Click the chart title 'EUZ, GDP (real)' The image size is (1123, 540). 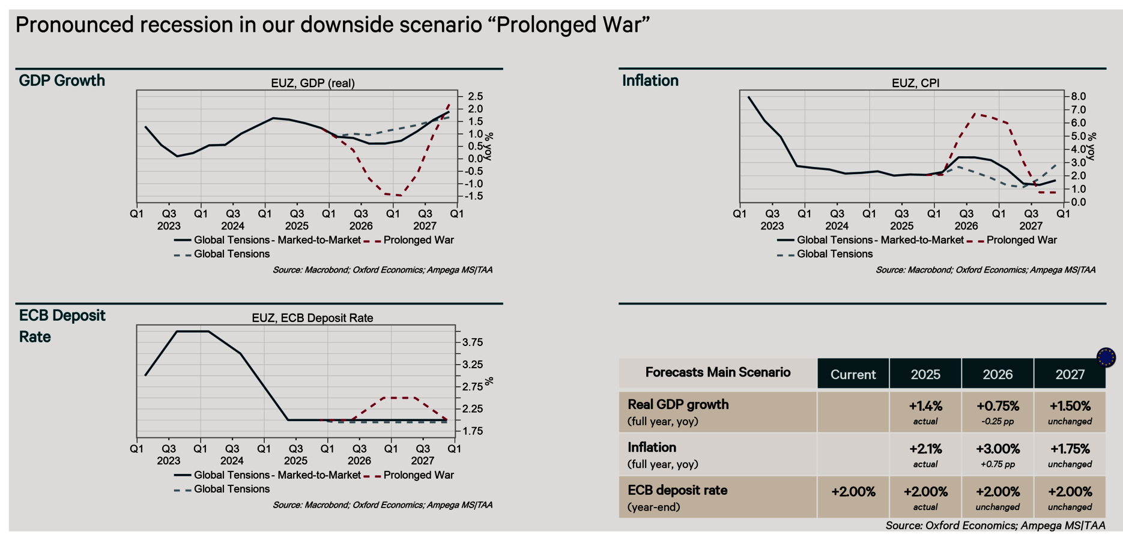pos(312,83)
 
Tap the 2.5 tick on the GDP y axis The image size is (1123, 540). pos(475,97)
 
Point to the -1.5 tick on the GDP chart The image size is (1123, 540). pos(474,196)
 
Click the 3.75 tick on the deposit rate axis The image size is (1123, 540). pos(473,342)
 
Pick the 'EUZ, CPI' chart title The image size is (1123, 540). pos(915,83)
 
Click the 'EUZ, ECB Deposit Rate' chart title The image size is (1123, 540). pos(312,318)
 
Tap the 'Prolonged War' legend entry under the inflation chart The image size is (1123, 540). pos(1021,240)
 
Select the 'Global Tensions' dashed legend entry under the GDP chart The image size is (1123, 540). pos(231,254)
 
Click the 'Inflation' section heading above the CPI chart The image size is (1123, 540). pos(650,80)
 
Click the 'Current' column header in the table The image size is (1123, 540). pos(853,375)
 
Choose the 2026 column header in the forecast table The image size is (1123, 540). pos(997,375)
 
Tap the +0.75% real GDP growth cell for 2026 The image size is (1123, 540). pos(997,406)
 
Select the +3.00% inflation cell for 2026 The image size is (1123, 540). pos(997,449)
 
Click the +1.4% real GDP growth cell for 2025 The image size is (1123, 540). pos(925,406)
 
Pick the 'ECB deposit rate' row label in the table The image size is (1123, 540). pos(677,490)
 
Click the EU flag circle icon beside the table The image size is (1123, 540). pos(1106,357)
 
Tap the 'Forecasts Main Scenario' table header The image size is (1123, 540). pos(718,372)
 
